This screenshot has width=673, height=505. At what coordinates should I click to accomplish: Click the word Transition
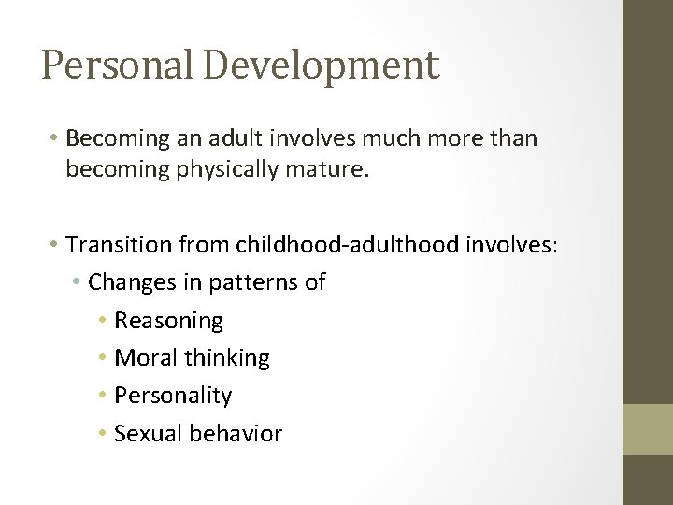[x=123, y=244]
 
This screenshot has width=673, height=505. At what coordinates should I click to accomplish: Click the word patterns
[x=257, y=282]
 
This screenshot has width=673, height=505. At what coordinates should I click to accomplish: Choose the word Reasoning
[x=168, y=321]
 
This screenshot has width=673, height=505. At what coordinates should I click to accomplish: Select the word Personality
[x=173, y=396]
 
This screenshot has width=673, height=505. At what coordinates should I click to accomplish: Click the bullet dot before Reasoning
[x=103, y=322]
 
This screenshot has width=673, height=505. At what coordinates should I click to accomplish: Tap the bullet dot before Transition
[x=56, y=245]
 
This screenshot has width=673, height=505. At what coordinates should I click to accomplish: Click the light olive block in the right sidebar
[x=648, y=429]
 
